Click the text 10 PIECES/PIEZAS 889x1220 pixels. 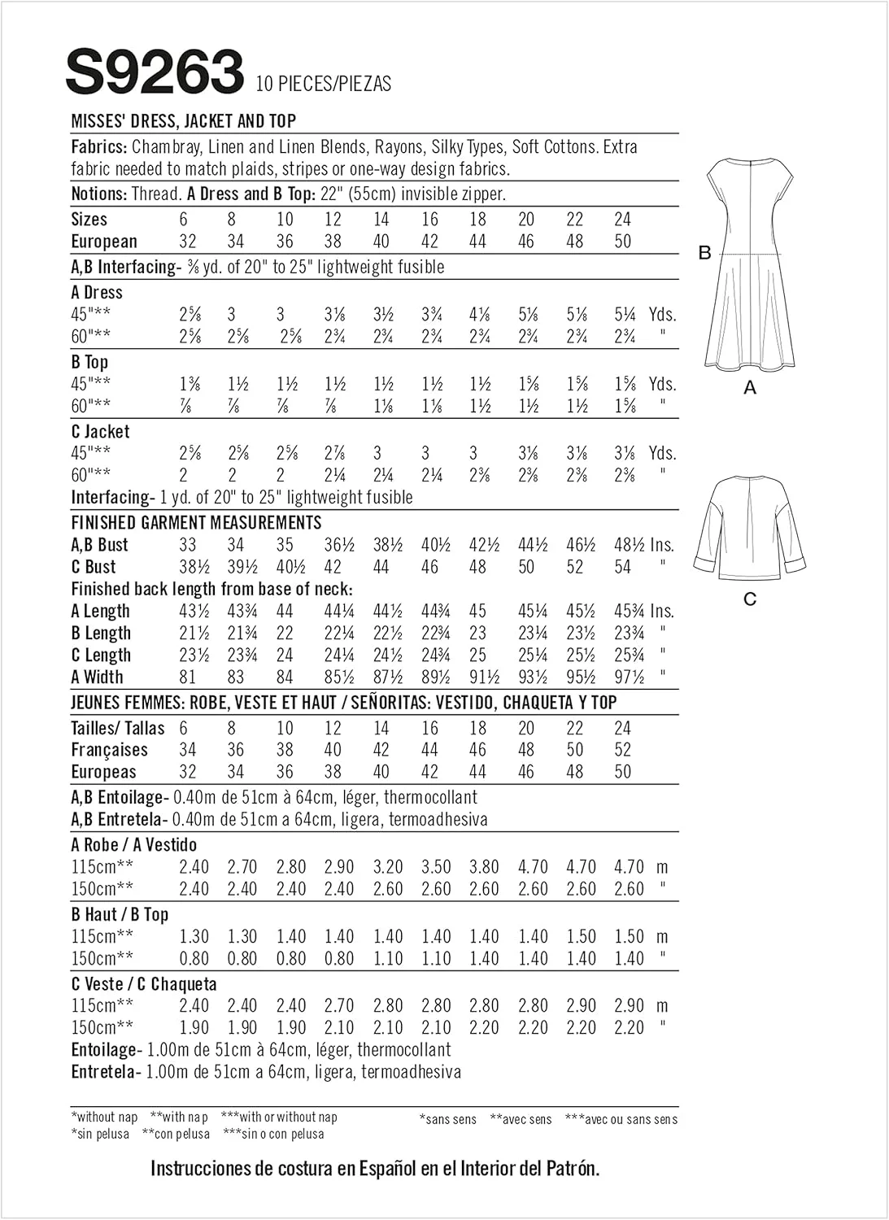(323, 84)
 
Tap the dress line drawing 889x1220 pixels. (750, 265)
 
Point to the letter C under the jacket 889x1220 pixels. (750, 599)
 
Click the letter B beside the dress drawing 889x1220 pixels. (705, 253)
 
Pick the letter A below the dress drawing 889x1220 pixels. (750, 389)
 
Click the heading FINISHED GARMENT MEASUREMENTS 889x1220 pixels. (196, 523)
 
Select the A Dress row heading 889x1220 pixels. (97, 293)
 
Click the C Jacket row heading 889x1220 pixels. (100, 432)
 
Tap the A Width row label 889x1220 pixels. (97, 677)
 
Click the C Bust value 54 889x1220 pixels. (623, 567)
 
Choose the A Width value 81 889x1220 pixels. (189, 677)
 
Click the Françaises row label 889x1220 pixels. (109, 750)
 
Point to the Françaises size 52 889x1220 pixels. (623, 750)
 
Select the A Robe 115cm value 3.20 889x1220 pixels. (388, 867)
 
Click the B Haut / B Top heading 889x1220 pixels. (120, 915)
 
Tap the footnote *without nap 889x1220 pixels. (105, 1118)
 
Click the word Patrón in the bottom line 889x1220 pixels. (570, 1170)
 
